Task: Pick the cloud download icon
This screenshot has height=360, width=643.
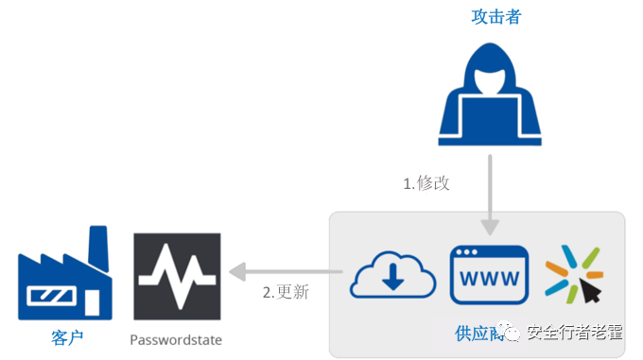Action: (392, 275)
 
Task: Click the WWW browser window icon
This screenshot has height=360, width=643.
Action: (488, 274)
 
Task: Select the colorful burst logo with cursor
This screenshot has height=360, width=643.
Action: (574, 274)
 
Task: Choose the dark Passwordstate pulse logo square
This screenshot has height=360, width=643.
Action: (178, 276)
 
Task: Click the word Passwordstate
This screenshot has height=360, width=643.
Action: (177, 337)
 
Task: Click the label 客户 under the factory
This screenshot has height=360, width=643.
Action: (64, 337)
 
